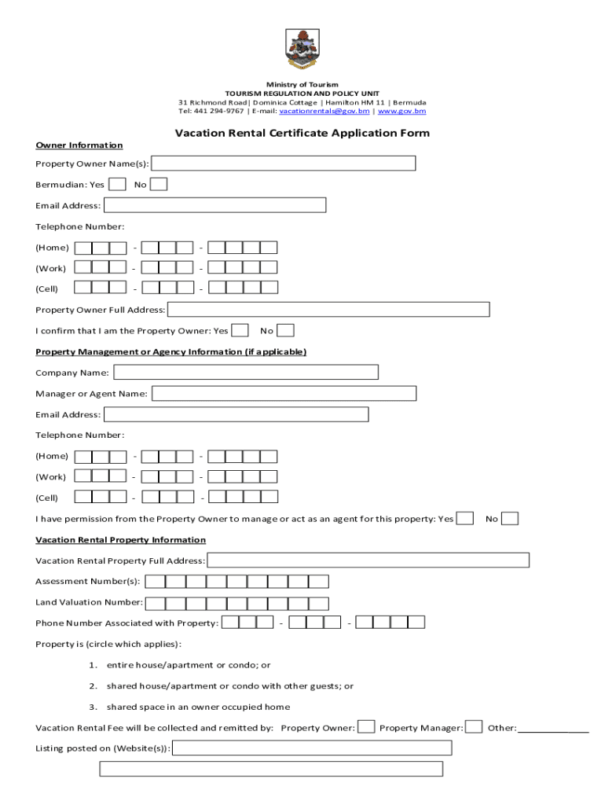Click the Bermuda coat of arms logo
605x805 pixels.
pos(302,48)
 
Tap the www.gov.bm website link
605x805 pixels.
pos(402,112)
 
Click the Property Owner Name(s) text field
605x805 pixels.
pos(283,164)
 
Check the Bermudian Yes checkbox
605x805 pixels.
pos(117,185)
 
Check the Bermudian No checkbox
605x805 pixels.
pos(159,185)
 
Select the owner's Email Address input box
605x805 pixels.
pos(214,205)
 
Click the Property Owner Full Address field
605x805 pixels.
pos(328,310)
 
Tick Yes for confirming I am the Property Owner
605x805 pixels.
pos(241,331)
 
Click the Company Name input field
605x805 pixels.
pos(246,372)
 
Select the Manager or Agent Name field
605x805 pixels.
pos(284,393)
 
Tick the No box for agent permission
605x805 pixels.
pos(510,519)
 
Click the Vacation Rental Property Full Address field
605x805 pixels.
pos(368,561)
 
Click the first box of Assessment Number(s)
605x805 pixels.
pos(156,582)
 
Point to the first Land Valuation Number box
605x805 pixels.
pos(156,603)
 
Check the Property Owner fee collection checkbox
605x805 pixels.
pos(366,727)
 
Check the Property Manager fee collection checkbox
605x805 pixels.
pos(474,727)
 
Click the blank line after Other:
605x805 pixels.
pos(553,728)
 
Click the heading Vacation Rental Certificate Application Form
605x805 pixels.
pos(302,133)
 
